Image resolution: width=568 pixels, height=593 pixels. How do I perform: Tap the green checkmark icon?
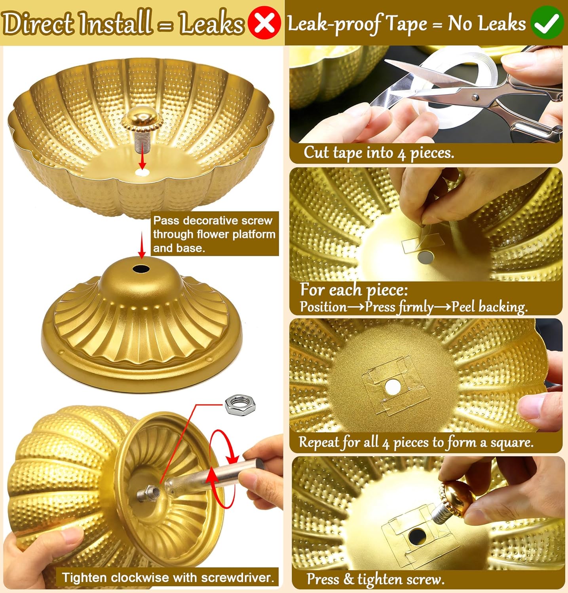(x=547, y=23)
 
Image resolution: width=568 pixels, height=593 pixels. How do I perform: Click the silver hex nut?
(x=240, y=404)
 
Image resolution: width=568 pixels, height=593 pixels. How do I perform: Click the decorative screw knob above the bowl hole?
(x=142, y=119)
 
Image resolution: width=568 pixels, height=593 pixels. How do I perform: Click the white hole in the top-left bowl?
(x=142, y=172)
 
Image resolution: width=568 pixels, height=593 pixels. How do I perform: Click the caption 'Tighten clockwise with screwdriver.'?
(x=168, y=578)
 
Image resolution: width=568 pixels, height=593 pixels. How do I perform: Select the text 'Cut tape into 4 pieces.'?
(x=379, y=153)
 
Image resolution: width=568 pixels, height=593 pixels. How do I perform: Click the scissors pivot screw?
(x=475, y=96)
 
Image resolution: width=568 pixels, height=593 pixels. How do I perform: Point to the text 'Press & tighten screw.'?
(x=376, y=579)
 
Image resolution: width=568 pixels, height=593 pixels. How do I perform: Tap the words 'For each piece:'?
(x=354, y=290)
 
